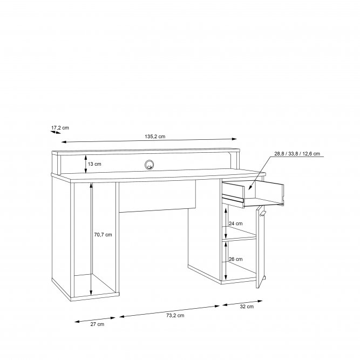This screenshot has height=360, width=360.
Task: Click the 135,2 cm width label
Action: tap(155, 137)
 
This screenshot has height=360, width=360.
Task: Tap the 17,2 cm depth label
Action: tap(60, 128)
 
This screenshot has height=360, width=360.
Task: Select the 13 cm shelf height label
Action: tap(94, 164)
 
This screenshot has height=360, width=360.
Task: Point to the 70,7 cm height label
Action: tap(103, 235)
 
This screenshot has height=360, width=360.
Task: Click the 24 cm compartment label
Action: tap(235, 223)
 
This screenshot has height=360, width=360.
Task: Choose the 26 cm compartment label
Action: tap(235, 259)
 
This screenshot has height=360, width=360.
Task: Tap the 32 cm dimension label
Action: tap(247, 307)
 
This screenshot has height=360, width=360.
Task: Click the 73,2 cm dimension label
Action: tap(175, 315)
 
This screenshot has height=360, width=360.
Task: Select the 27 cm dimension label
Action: tap(97, 324)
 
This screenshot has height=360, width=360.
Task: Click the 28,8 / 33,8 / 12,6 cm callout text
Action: tap(297, 154)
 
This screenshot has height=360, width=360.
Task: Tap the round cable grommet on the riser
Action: tap(149, 165)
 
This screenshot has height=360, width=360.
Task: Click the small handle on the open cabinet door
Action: tap(262, 214)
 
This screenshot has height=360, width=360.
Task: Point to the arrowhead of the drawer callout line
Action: tap(250, 188)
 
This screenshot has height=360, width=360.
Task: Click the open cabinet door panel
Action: tap(260, 247)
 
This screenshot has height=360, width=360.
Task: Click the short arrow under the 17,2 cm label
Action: tap(56, 132)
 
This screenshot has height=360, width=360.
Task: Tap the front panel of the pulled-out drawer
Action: tap(233, 201)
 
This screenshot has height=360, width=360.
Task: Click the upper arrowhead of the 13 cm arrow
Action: tap(86, 157)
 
